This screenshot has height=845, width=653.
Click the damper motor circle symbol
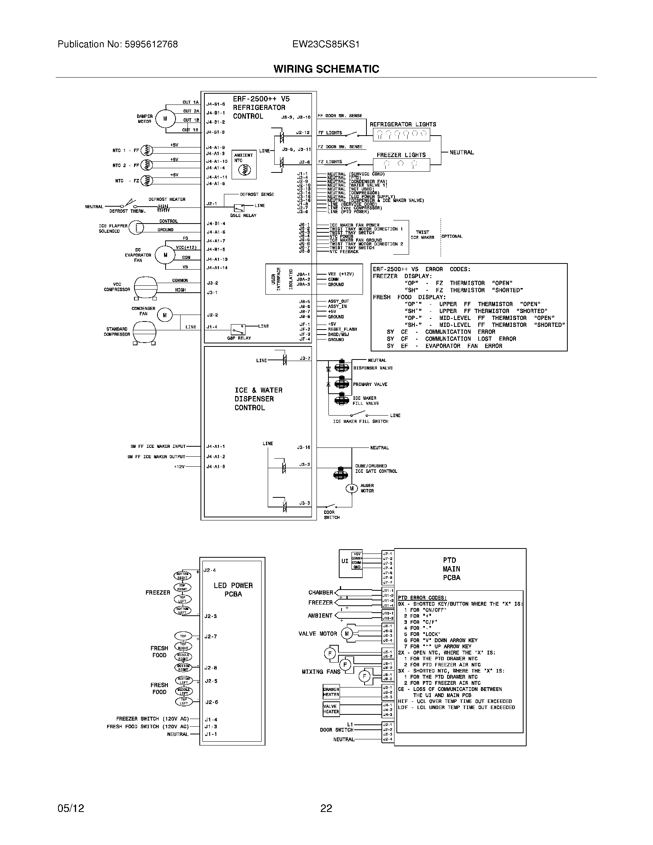pos(165,119)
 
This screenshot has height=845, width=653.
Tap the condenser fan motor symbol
pos(165,315)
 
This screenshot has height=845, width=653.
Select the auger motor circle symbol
pos(351,489)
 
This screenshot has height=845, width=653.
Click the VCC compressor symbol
pos(146,287)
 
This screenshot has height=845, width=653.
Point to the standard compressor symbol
pos(144,332)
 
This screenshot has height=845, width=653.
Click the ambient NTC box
pos(244,164)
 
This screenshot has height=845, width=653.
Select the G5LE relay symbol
pos(236,208)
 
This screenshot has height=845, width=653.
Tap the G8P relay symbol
pos(237,329)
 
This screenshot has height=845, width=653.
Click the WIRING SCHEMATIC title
pos(326,69)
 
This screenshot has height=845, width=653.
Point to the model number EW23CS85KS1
pos(326,45)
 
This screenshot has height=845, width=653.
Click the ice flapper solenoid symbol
pos(136,227)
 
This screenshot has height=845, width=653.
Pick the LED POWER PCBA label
pos(233,590)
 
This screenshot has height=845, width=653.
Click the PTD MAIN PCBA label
pos(451,569)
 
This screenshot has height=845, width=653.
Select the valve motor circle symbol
pos(346,633)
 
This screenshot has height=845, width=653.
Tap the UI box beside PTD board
pos(345,561)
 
